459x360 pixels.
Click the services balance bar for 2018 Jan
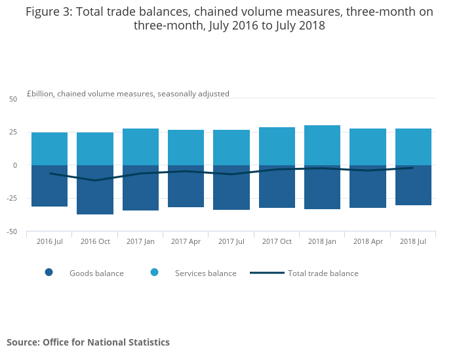tap(322, 145)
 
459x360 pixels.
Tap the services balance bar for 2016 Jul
tap(49, 149)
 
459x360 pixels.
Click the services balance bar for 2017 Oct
tap(277, 146)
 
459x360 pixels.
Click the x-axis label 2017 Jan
tap(140, 241)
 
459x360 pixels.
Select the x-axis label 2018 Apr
tap(368, 241)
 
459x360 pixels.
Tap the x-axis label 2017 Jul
tap(231, 241)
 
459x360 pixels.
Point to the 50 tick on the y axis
tap(13, 99)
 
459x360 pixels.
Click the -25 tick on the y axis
tap(11, 198)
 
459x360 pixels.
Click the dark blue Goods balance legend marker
tap(49, 273)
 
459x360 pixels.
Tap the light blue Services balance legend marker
tap(154, 273)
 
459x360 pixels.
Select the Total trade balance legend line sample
tap(267, 273)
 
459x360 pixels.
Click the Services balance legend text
tap(205, 273)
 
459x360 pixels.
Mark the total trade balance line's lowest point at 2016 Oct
tap(95, 180)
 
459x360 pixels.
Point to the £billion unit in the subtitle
tap(39, 94)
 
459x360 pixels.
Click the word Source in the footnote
tap(22, 342)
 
